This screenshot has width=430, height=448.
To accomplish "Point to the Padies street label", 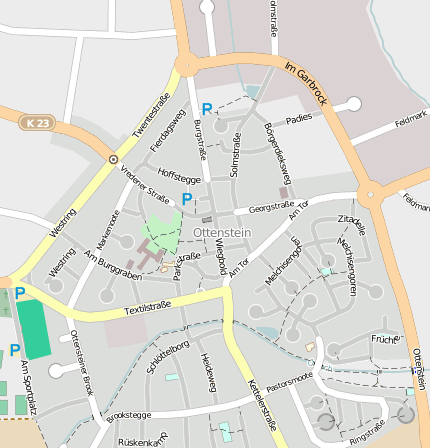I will click(299, 118).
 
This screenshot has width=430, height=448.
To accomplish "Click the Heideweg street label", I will click(209, 371).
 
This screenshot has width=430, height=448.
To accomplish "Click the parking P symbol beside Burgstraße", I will click(207, 109).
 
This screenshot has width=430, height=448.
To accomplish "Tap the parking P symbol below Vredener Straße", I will click(186, 200).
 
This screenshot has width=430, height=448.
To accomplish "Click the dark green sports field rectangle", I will click(34, 328).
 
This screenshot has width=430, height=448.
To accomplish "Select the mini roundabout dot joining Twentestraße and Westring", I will click(114, 159).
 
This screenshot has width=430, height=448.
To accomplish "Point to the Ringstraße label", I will click(366, 431).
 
